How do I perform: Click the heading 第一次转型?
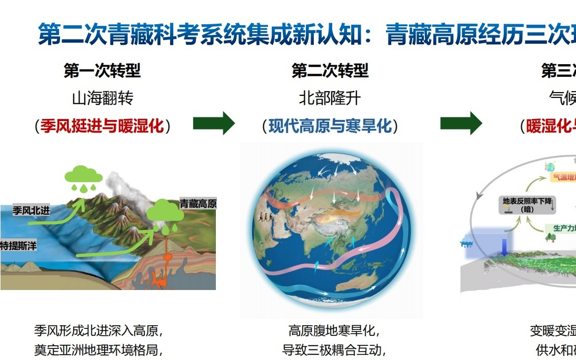coord(102,71)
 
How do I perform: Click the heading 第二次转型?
coord(330,71)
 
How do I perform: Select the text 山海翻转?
coord(102,98)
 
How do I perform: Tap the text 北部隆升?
coord(330,98)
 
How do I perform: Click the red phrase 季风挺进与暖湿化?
coord(102,126)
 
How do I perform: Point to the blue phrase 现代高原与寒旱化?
coord(330,126)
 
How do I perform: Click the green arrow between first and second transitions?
coord(214,124)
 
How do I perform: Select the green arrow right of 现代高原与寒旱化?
coord(461,124)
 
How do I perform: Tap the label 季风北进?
coord(31,211)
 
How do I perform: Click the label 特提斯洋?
coord(18,245)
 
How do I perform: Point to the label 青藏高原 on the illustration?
coord(198,204)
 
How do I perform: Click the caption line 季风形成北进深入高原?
coord(98,331)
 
